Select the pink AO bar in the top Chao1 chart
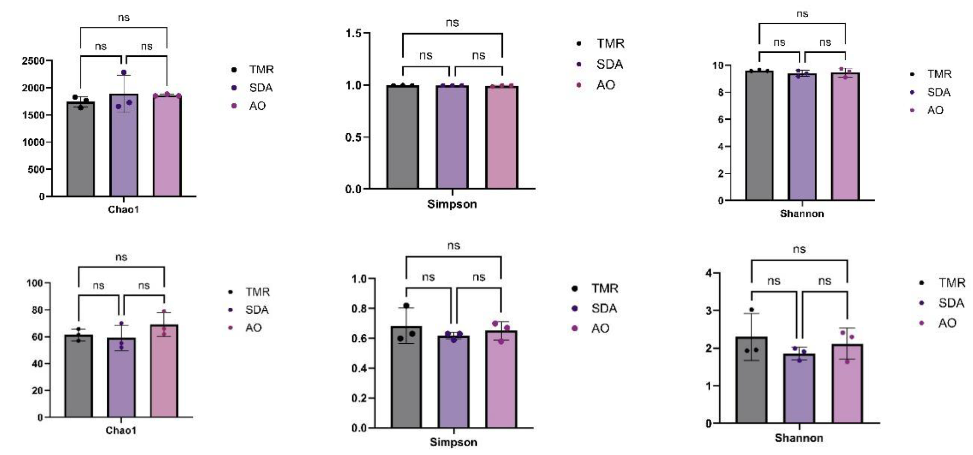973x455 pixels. tap(167, 147)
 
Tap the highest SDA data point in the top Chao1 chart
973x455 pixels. tap(124, 73)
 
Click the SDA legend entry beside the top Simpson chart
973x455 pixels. tap(609, 64)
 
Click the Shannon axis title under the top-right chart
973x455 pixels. tap(802, 214)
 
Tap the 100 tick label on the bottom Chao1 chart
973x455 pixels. tap(35, 283)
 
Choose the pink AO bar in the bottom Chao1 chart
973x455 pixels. tap(164, 372)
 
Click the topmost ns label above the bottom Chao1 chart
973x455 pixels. tap(121, 257)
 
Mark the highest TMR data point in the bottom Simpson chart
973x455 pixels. tap(407, 305)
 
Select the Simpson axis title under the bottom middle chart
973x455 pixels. tap(453, 442)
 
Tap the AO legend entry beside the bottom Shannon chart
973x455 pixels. tap(947, 323)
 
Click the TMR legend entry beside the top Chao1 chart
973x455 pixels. tap(261, 70)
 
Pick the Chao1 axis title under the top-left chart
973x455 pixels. tap(123, 209)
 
